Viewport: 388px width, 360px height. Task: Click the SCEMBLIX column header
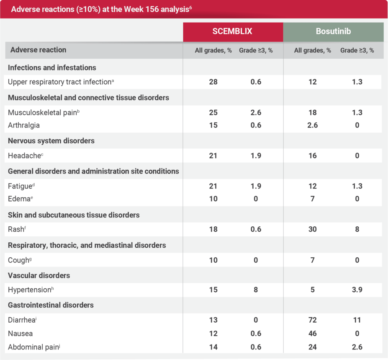(233, 31)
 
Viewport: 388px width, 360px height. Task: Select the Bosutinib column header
(333, 31)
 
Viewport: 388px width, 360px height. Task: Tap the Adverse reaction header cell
(38, 50)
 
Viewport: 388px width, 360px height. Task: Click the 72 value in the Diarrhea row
(312, 320)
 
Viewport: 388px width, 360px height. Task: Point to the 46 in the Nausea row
(312, 334)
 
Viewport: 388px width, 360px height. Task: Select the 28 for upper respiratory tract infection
(213, 82)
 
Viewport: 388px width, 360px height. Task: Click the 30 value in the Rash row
(312, 229)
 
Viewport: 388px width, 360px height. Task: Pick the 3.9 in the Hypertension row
(357, 290)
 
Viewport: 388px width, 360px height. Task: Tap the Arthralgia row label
(24, 125)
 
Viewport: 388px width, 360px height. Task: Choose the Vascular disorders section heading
(39, 275)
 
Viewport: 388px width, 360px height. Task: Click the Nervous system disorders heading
(51, 141)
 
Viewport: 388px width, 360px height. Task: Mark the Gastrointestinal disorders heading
(51, 305)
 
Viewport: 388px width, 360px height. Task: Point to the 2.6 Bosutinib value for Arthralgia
(312, 125)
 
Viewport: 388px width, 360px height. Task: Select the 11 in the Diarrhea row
(357, 320)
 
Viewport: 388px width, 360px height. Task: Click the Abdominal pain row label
(33, 347)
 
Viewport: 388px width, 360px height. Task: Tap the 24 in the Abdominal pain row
(312, 347)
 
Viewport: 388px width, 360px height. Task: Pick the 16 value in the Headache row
(312, 156)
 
